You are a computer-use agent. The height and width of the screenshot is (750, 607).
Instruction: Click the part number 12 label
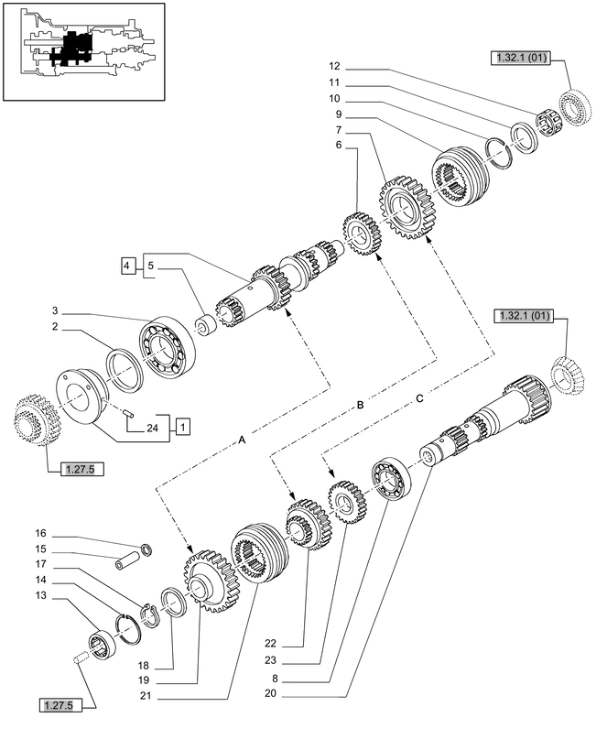coord(334,66)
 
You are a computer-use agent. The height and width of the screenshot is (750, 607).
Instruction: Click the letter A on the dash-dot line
coord(242,440)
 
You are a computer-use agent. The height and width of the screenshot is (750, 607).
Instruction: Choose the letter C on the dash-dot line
coord(419,397)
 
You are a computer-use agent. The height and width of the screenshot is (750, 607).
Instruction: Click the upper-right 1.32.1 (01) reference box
coord(518,58)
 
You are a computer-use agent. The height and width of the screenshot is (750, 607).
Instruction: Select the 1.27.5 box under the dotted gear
coord(83,470)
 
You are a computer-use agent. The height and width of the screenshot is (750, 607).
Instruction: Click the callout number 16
coord(40,532)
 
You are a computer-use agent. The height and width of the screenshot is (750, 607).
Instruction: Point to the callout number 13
coord(40,596)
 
